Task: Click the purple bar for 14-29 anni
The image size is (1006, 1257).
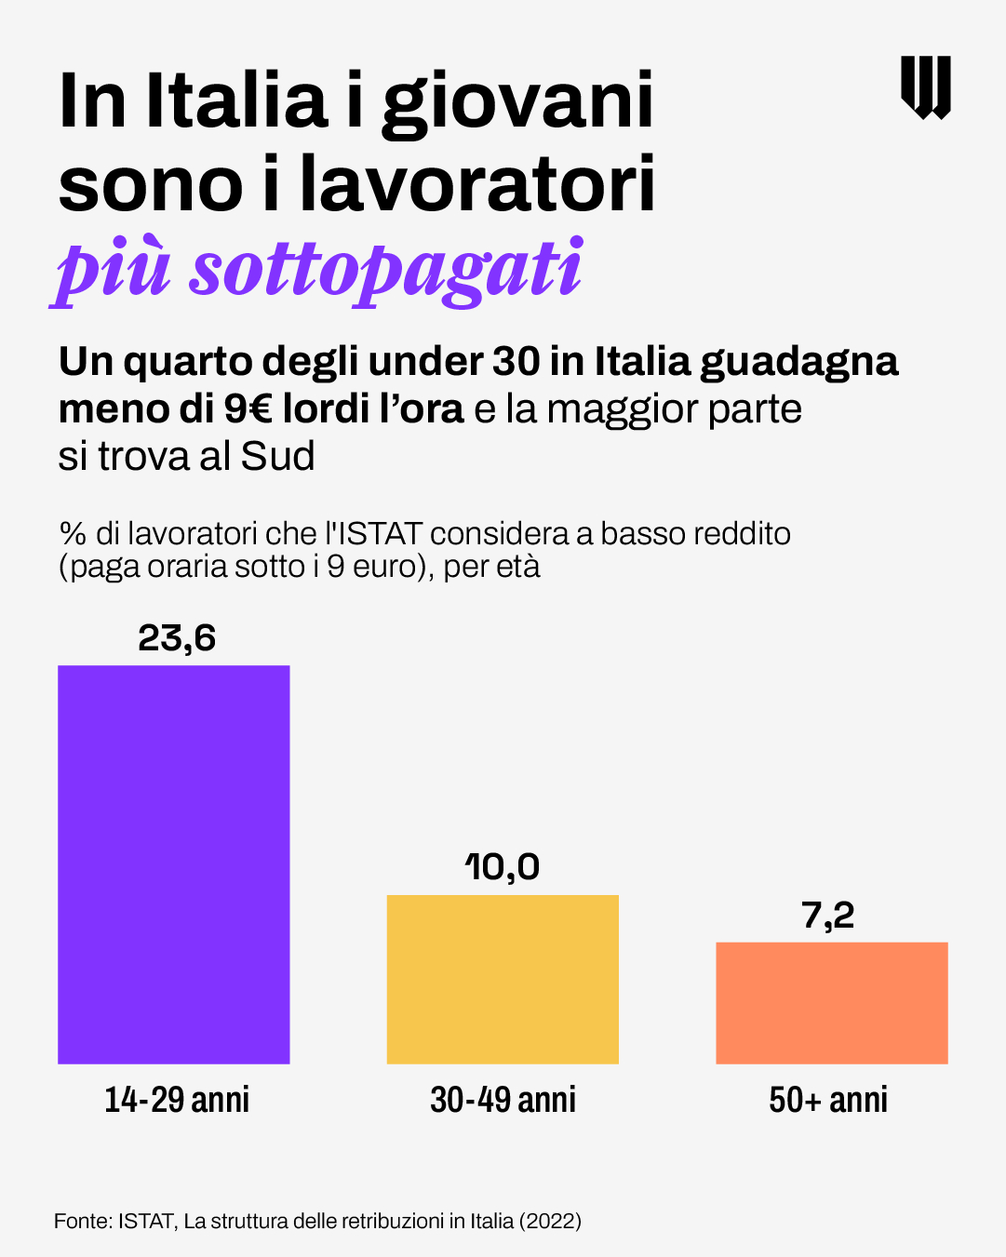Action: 174,863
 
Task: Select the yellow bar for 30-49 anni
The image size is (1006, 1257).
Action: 503,979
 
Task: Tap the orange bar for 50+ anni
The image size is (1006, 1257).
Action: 831,1002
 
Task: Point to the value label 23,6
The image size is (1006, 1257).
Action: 177,638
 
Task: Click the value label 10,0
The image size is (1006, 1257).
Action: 503,867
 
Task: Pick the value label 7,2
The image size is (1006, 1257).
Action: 828,916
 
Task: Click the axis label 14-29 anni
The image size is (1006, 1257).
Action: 177,1100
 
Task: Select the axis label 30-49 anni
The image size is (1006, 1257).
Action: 503,1100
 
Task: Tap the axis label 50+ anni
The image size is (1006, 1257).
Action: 828,1100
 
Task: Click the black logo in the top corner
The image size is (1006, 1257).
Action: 925,87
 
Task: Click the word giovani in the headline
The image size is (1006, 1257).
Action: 517,102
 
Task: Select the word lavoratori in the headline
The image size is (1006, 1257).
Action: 477,184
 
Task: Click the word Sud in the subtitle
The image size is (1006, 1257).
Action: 277,456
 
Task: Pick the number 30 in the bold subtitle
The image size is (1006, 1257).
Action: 516,361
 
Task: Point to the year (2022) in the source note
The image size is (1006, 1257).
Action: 550,1221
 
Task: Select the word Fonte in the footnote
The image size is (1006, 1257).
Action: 82,1221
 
